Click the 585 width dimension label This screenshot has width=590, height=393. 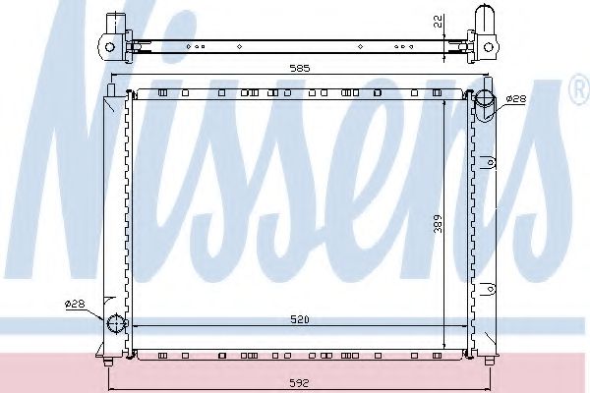[x=301, y=69]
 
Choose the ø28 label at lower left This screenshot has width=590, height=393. [x=76, y=305]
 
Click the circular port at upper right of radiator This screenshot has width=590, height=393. [x=486, y=98]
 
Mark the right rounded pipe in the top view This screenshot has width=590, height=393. [x=487, y=20]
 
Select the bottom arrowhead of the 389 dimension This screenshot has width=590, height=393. [x=446, y=349]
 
